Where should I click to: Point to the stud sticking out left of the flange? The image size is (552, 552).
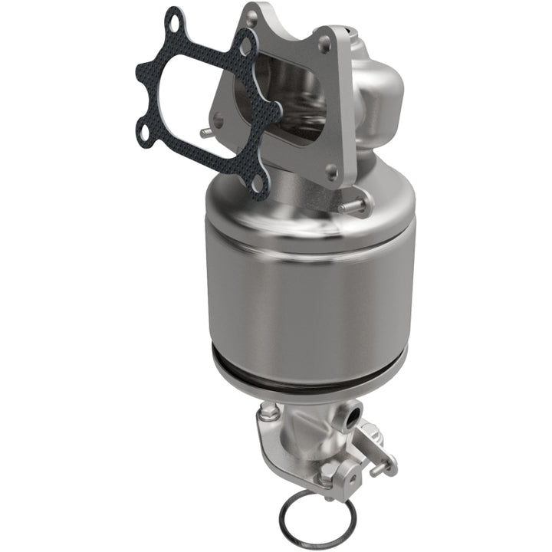click(206, 133)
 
